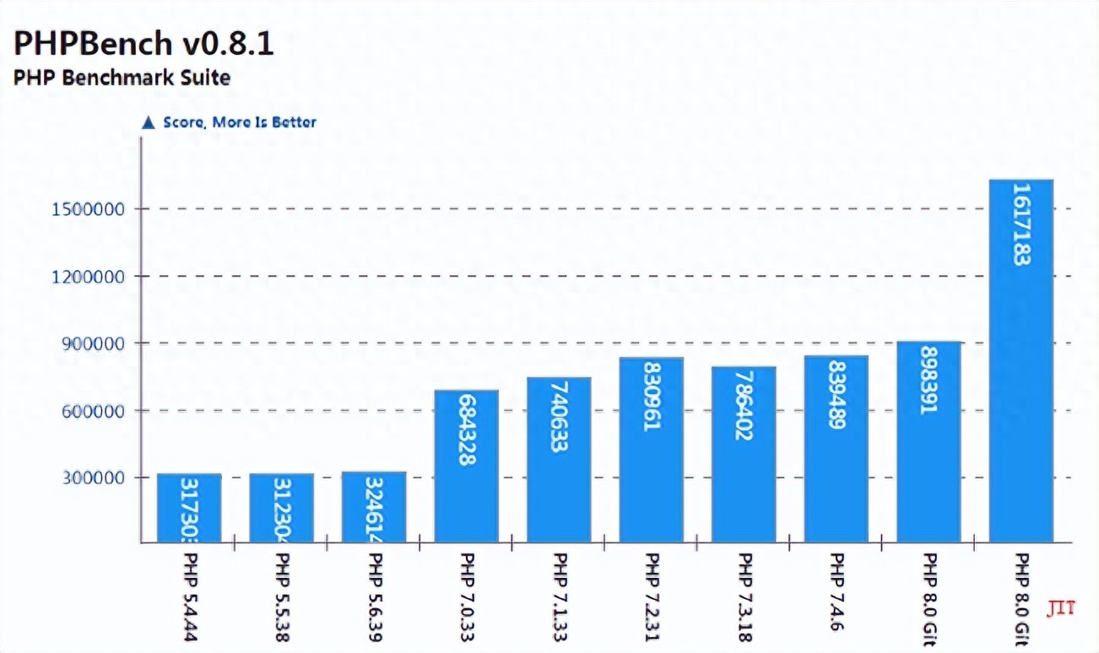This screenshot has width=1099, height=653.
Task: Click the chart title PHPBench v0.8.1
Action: [143, 43]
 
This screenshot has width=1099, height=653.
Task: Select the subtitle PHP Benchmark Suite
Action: [122, 78]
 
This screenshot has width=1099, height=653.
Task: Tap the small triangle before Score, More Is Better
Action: [149, 123]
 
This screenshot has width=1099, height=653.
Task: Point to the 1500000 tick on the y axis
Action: [89, 209]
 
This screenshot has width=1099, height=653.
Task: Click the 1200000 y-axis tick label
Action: [89, 277]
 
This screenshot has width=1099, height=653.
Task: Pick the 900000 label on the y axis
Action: [94, 343]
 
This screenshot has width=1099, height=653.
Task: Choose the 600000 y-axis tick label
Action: [94, 411]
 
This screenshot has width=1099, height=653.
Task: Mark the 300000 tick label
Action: [94, 478]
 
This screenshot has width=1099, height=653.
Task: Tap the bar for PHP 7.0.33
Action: [466, 466]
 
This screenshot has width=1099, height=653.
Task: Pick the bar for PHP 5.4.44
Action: [189, 508]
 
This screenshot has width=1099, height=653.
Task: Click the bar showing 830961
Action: [651, 449]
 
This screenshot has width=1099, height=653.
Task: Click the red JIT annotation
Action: [1061, 607]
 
